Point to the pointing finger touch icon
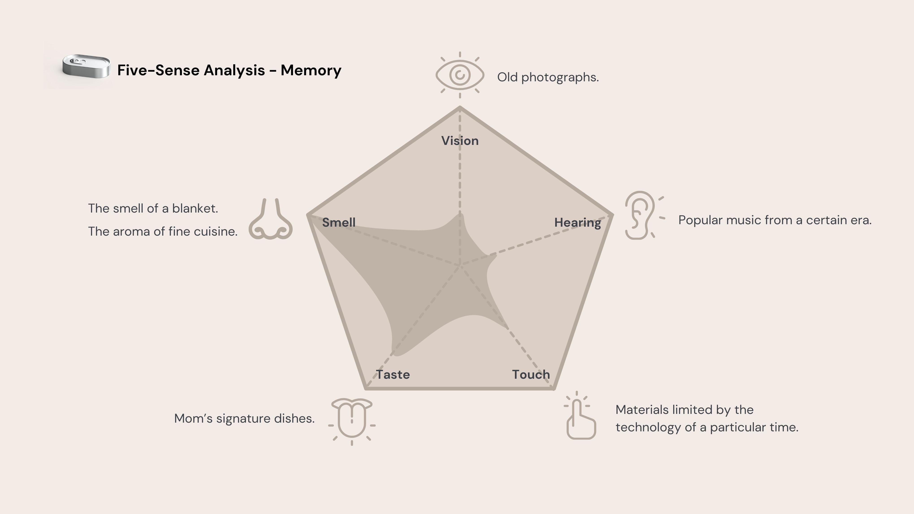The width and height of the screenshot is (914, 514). pos(580,419)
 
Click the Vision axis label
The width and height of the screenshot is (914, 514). pos(460,141)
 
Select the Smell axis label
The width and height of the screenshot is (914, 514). pos(338,222)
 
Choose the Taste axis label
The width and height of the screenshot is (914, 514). pos(393,375)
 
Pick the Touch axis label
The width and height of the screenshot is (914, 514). pos(531,375)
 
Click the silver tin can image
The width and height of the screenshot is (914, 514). pos(86,66)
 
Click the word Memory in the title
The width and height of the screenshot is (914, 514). pos(311,70)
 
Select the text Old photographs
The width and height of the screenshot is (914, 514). pos(548,77)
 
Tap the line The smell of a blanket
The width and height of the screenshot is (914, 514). pos(153,209)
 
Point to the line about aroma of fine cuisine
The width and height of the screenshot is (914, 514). pos(162,232)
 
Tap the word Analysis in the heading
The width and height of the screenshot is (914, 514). pos(234,70)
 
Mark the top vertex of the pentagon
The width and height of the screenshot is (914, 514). pos(460,107)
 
